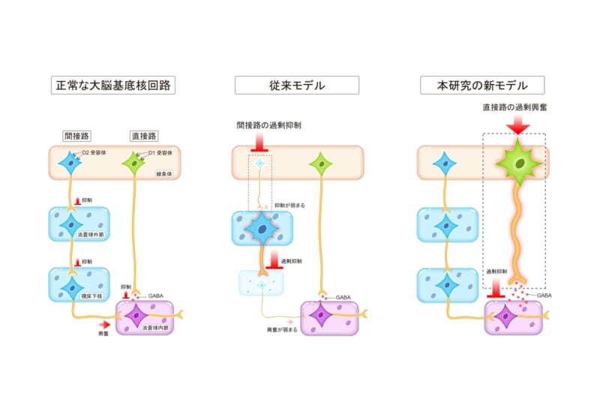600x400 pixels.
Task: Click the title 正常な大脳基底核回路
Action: coord(112,85)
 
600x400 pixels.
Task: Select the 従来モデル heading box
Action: coord(296,85)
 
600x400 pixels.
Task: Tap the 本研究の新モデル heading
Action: coord(481,85)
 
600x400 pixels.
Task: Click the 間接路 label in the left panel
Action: coord(76,136)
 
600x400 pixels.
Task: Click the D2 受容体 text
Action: coord(96,153)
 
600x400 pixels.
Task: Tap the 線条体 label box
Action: coord(164,173)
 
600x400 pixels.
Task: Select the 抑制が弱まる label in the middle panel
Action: coord(289,204)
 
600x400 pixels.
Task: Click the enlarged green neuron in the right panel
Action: coord(518,164)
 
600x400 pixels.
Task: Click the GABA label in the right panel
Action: coord(545,296)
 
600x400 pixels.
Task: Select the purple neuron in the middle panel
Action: coord(321,316)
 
